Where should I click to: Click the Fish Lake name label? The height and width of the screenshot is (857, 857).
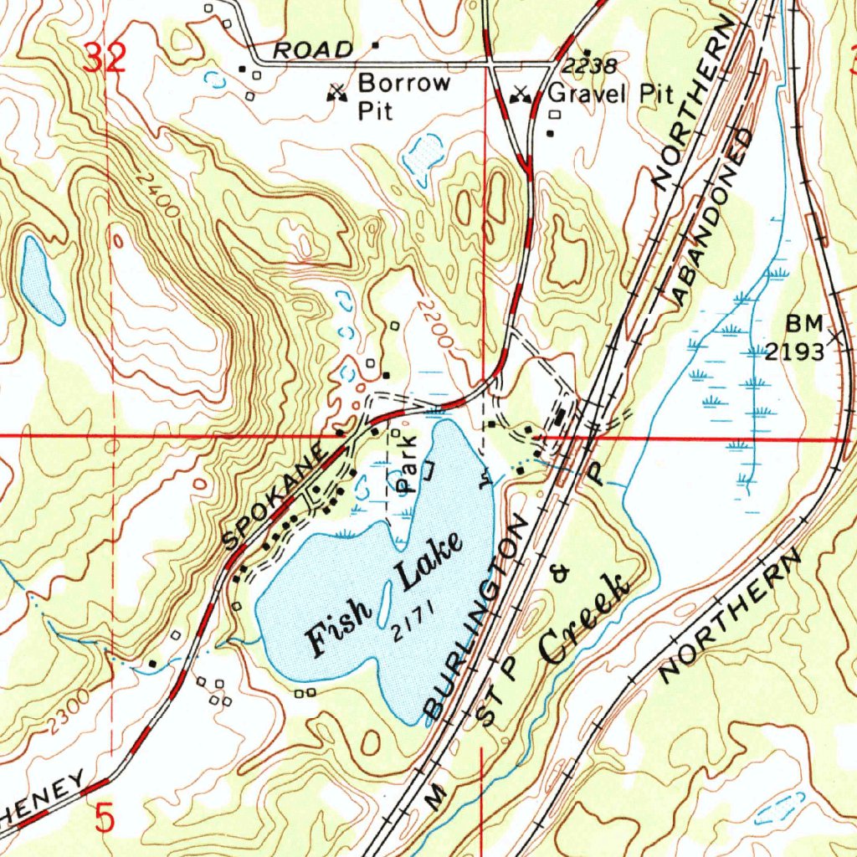(x=385, y=595)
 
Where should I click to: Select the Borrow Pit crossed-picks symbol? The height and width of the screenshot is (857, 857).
(x=338, y=93)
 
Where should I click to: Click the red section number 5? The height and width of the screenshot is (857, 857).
(x=104, y=819)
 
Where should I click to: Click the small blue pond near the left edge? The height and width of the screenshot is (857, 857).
(x=40, y=281)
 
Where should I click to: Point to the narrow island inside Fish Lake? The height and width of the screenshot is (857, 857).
(x=385, y=603)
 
